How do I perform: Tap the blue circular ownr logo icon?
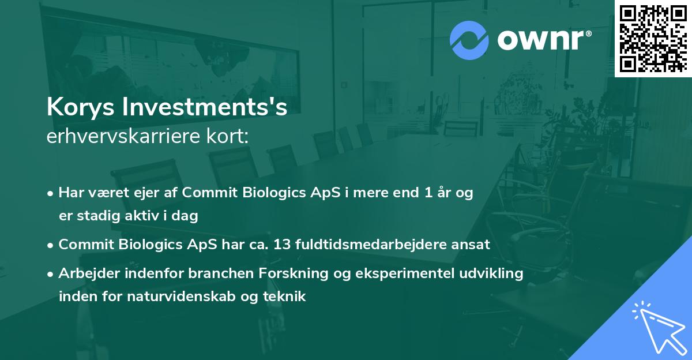click(x=469, y=40)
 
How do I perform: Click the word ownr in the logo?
click(x=542, y=40)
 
